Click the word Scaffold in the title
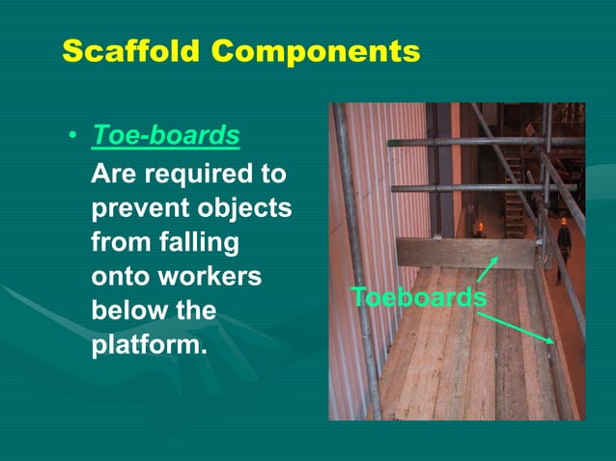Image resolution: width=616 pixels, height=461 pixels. [127, 51]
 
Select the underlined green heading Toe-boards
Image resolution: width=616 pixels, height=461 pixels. [165, 136]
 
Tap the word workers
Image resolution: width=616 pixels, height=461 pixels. [214, 276]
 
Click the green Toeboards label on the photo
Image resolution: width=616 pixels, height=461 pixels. [418, 297]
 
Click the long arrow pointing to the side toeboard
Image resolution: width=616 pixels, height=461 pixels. [521, 325]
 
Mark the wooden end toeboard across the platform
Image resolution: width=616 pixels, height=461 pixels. [463, 253]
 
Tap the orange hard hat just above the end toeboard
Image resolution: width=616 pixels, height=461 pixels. [480, 228]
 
